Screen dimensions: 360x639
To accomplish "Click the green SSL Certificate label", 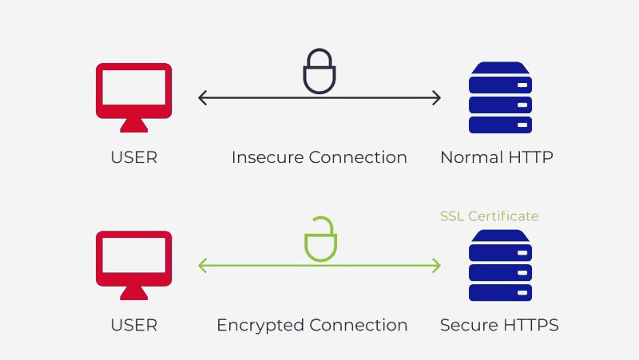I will pyautogui.click(x=489, y=216).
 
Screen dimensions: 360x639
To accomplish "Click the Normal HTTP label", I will pyautogui.click(x=496, y=157).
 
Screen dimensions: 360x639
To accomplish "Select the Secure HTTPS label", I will pyautogui.click(x=499, y=325).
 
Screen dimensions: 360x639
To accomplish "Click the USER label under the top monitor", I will pyautogui.click(x=133, y=157).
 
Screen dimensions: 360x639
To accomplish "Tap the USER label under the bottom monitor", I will pyautogui.click(x=133, y=325).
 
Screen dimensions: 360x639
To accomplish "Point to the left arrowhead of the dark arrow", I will pyautogui.click(x=201, y=98).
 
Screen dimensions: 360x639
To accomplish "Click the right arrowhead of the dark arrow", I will pyautogui.click(x=437, y=98).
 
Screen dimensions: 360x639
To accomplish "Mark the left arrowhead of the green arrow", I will pyautogui.click(x=201, y=266).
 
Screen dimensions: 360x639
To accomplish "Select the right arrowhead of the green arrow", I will pyautogui.click(x=437, y=266).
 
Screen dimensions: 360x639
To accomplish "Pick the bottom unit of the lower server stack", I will pyautogui.click(x=500, y=292).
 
